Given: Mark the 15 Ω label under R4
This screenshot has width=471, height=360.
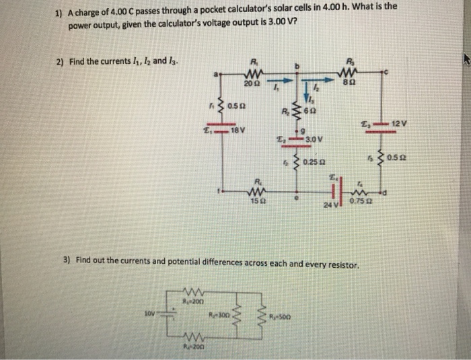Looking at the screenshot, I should coord(256,200).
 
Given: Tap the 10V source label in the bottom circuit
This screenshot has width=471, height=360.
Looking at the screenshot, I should coord(148,313).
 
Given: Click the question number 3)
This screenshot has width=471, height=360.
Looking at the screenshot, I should coord(67,258).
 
